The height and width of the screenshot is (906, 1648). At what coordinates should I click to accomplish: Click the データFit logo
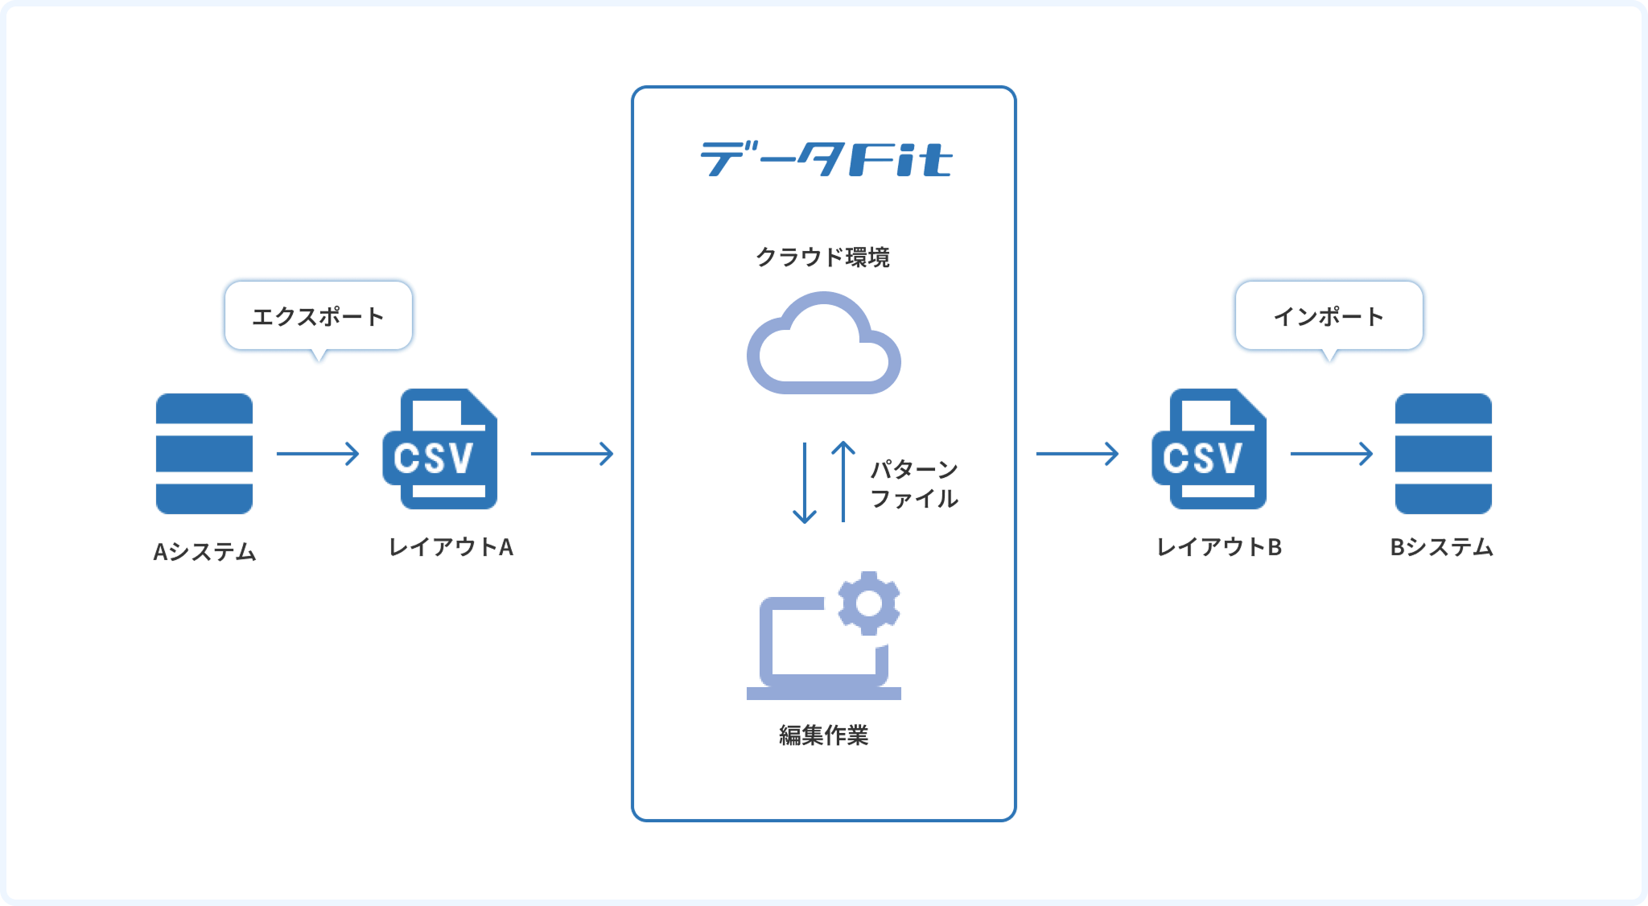tap(826, 159)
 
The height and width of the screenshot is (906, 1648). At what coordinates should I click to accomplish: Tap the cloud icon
tap(823, 344)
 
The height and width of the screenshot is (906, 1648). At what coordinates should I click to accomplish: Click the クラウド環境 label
tap(822, 257)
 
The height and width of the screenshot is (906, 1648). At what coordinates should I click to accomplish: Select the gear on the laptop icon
tap(868, 603)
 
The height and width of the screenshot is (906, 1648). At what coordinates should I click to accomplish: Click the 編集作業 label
tap(823, 735)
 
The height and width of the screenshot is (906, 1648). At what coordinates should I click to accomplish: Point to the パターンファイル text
tap(914, 484)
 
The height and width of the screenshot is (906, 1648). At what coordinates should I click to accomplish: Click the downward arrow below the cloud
tap(805, 483)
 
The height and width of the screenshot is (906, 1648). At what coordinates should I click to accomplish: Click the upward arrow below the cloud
tap(843, 481)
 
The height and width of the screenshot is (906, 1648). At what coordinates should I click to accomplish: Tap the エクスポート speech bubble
tap(319, 316)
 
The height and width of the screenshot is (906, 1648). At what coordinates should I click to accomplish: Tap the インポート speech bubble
tap(1329, 316)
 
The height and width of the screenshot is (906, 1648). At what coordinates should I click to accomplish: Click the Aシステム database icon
tap(204, 453)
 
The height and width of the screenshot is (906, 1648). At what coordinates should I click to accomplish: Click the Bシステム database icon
tap(1443, 453)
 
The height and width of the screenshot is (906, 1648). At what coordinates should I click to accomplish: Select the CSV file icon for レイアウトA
tap(441, 450)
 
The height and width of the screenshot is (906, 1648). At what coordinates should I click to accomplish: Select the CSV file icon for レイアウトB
tap(1209, 450)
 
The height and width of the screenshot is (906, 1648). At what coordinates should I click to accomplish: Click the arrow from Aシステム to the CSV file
tap(318, 454)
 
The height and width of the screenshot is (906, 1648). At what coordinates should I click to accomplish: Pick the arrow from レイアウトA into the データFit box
tap(572, 454)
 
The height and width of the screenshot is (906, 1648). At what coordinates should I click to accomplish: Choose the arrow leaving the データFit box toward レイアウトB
tap(1077, 454)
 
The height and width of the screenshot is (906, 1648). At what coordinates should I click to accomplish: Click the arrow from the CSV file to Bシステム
tap(1332, 454)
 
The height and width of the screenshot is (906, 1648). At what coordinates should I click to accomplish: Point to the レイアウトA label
tap(451, 547)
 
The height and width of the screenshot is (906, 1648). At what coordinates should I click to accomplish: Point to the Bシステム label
tap(1441, 547)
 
